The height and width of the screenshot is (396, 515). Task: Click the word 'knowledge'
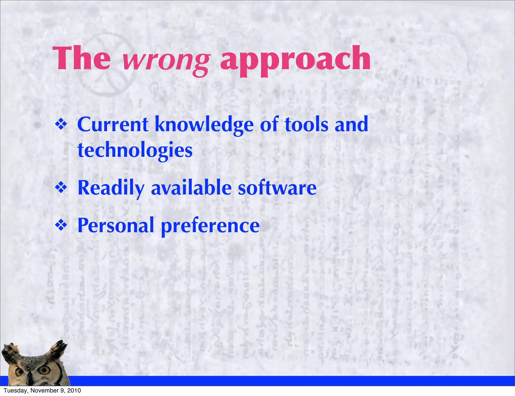pyautogui.click(x=204, y=125)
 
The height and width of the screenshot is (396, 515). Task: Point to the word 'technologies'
pyautogui.click(x=135, y=150)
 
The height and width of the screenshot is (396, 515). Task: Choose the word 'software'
pyautogui.click(x=277, y=188)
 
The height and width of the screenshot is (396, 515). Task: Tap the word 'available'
pyautogui.click(x=191, y=188)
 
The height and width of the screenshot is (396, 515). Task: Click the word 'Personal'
pyautogui.click(x=116, y=225)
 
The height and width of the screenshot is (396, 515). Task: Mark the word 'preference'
pyautogui.click(x=210, y=226)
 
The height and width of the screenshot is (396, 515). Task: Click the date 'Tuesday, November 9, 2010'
pyautogui.click(x=42, y=390)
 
